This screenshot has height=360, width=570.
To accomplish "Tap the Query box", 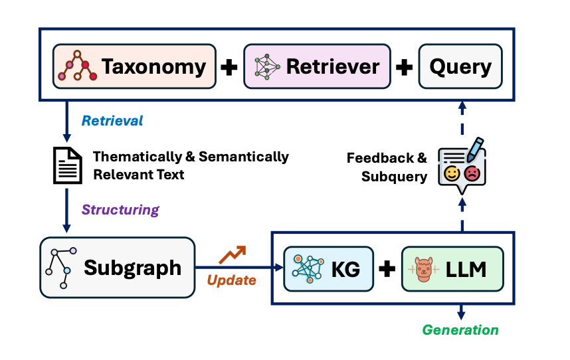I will [x=460, y=66].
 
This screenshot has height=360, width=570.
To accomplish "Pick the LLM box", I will [x=449, y=269].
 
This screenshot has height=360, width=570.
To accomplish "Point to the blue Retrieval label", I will [x=112, y=121].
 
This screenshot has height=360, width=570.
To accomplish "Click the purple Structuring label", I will [x=120, y=210].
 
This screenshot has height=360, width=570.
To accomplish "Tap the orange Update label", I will [x=232, y=280].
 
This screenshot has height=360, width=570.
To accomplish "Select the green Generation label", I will [x=460, y=329].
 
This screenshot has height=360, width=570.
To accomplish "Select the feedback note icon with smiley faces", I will [x=462, y=165].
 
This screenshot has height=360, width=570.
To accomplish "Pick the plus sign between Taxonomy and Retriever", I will [x=229, y=67].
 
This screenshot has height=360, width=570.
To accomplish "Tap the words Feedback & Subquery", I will [x=387, y=167].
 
